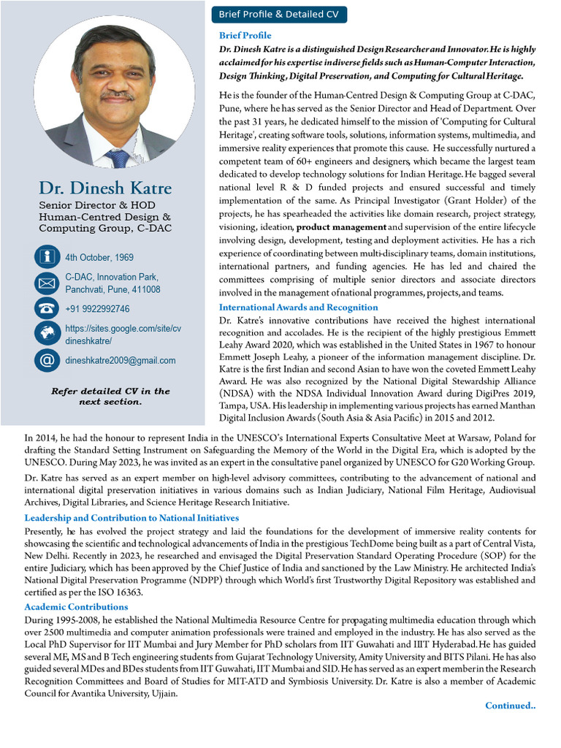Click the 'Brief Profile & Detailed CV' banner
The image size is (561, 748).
pos(279,15)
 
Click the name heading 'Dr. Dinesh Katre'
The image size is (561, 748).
pos(105,188)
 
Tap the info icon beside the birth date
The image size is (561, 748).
pos(47,257)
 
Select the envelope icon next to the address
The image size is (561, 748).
pos(47,283)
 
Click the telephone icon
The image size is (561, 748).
pos(47,309)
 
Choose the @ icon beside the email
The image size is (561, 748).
pos(47,360)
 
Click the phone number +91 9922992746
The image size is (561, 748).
pos(97,309)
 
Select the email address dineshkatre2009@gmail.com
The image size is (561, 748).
pos(121,360)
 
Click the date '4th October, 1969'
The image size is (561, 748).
pos(99,258)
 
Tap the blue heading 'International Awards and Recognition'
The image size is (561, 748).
pos(298,308)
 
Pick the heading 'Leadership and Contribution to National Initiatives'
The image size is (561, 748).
pos(131,518)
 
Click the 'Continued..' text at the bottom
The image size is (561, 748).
pos(510,706)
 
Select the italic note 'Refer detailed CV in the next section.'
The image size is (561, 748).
pos(110,396)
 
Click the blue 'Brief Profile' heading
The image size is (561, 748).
pos(245,36)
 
